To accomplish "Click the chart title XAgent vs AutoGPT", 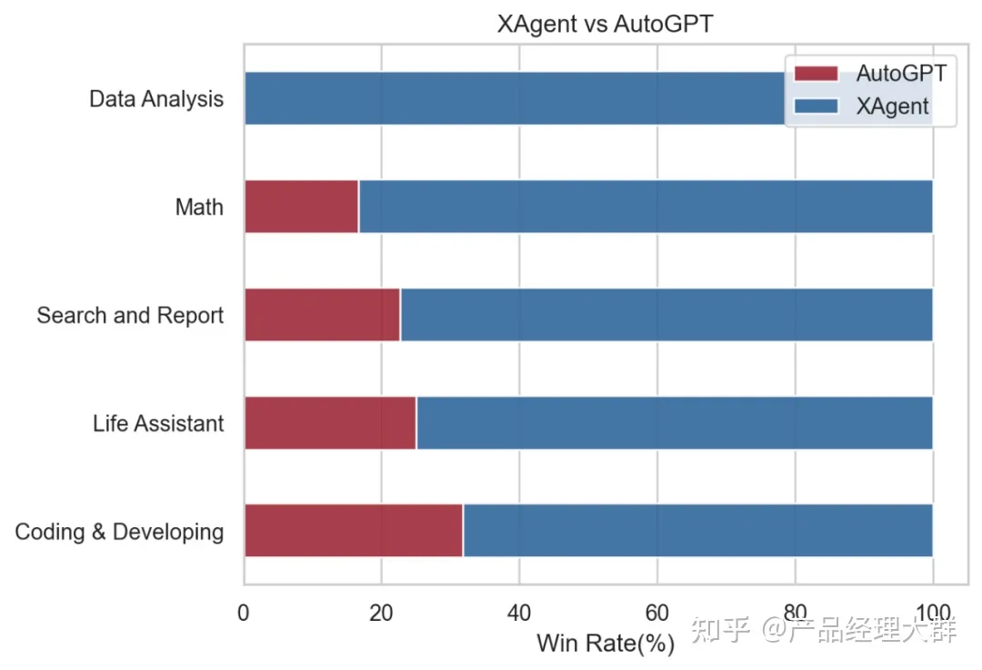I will pos(605,25).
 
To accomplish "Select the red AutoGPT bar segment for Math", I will pos(301,207).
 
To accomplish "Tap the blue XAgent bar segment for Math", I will pos(646,207).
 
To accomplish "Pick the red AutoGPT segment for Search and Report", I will pos(322,315).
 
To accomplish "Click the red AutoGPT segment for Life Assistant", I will pos(330,423).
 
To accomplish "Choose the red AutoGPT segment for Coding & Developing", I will pos(353,531).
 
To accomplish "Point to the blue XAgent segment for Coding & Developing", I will pos(697,531).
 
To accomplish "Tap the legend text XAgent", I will pos(892,107).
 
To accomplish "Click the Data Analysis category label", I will pos(156,99).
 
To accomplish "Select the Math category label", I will pos(199,208).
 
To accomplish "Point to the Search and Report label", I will pos(130,316).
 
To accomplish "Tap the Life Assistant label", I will pos(158,424).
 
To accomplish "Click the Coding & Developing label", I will pos(119,532).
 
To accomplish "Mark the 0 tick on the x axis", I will pos(244,612).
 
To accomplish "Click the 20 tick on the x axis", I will pos(381,612).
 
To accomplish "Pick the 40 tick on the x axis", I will pos(518,612).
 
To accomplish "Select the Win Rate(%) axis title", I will pos(605,644).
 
